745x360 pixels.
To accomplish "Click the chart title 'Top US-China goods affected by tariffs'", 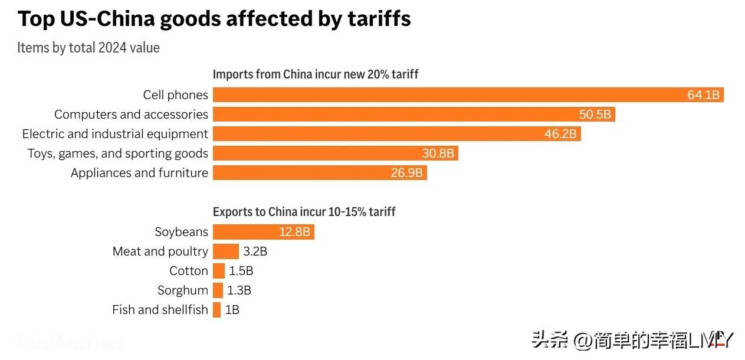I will [214, 19].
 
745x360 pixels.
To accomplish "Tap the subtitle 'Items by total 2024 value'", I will [88, 48].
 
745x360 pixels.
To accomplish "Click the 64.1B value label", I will [703, 95].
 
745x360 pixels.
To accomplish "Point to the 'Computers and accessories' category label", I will [131, 114].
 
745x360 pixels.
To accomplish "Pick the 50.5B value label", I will [595, 114].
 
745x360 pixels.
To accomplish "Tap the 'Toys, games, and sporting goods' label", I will [117, 153].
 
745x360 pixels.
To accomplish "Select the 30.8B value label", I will [438, 153].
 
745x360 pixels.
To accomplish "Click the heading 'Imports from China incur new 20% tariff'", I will [316, 74].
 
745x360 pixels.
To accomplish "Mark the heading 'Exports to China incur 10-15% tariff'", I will [304, 212].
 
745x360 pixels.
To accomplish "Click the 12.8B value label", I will [294, 232].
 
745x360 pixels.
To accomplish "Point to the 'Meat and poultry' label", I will [160, 251].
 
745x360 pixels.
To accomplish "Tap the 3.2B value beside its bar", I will [255, 251].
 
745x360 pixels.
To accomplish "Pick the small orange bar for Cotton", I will [219, 271].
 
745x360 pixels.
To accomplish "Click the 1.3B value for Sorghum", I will [239, 290].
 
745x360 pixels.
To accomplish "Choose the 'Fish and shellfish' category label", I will [160, 310].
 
